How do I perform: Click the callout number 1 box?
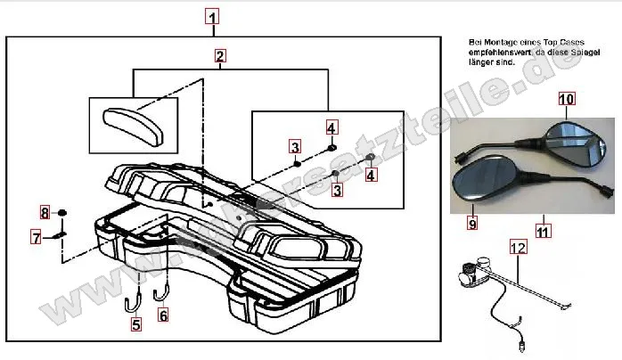[x=211, y=16]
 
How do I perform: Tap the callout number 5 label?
[x=135, y=325]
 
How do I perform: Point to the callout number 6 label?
[x=162, y=315]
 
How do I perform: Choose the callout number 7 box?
[x=37, y=237]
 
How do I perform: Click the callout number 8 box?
[x=45, y=212]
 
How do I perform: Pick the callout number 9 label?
[x=471, y=221]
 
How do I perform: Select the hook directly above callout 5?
[x=132, y=299]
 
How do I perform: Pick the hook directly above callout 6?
[x=162, y=290]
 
